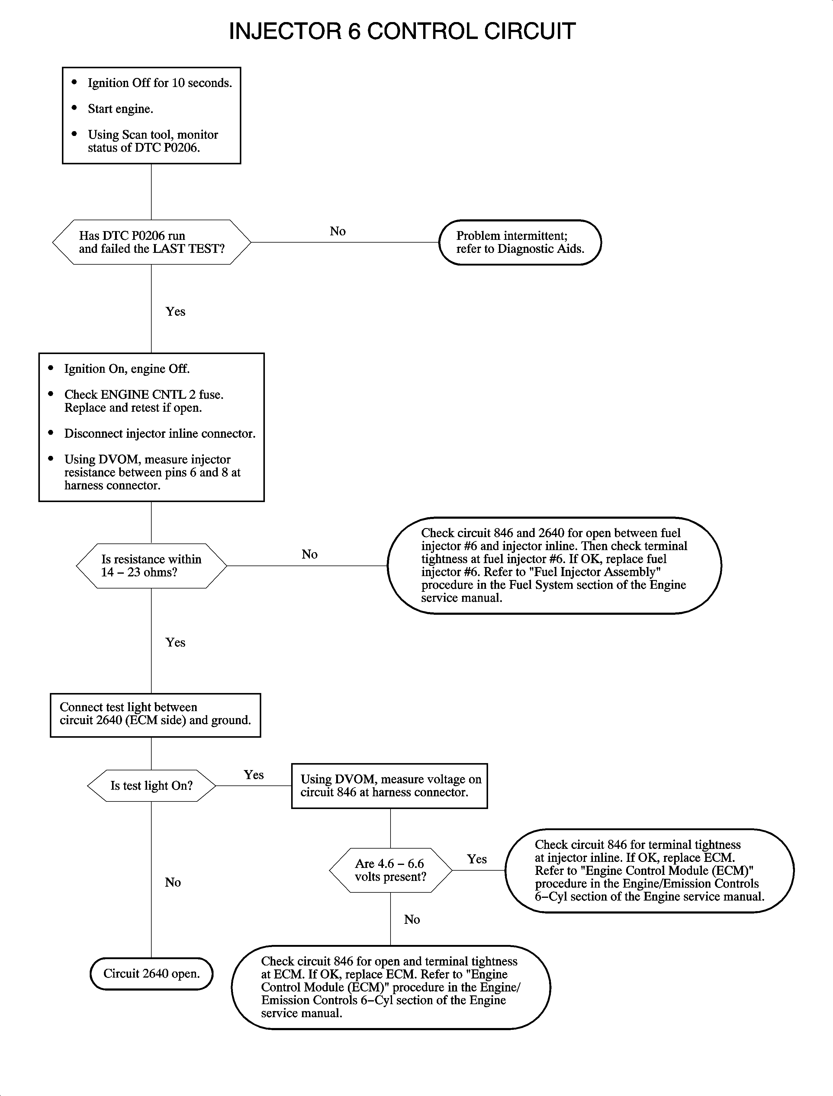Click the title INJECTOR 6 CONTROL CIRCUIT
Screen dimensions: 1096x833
tap(402, 31)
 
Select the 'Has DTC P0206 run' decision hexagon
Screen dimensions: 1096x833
tap(151, 242)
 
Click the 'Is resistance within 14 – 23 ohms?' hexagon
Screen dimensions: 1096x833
tap(151, 566)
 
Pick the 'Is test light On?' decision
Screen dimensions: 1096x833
tap(151, 785)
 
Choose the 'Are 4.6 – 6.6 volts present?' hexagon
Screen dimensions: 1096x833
tap(390, 870)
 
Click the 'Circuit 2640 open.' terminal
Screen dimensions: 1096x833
tap(151, 974)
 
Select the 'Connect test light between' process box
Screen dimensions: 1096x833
tap(155, 715)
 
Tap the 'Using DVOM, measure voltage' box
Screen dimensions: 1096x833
tap(389, 785)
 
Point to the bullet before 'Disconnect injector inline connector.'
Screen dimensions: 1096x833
tap(50, 433)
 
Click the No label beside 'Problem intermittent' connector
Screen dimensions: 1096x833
tap(338, 231)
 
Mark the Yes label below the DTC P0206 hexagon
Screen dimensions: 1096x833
tap(175, 311)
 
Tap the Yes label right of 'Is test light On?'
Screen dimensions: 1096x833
tap(253, 775)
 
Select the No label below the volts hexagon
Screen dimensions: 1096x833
tap(412, 920)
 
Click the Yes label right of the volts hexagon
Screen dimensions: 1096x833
tap(477, 859)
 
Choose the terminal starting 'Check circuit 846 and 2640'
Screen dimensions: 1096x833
tap(554, 565)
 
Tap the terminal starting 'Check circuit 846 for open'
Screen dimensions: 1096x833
tap(391, 987)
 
